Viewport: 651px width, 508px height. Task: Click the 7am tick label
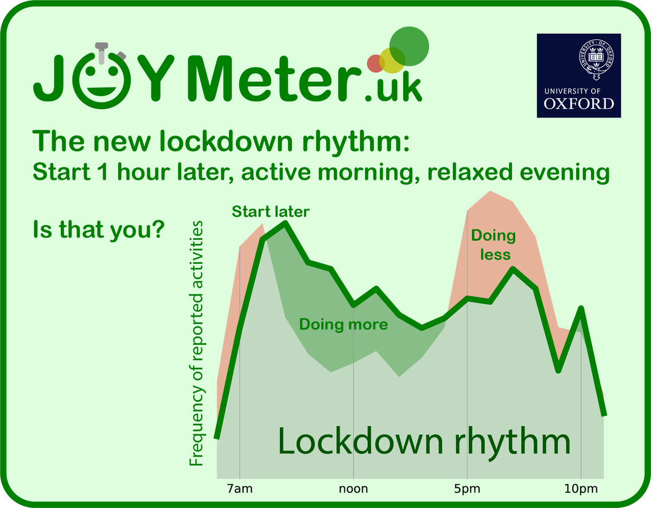[x=239, y=490]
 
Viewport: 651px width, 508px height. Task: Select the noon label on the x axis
[x=353, y=490]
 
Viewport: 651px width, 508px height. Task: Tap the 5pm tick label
[x=467, y=490]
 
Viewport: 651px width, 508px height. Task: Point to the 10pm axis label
[x=581, y=490]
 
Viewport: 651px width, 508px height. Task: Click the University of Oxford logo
[x=579, y=76]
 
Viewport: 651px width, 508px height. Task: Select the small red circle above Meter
[x=375, y=63]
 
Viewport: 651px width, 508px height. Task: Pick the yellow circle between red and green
[x=392, y=60]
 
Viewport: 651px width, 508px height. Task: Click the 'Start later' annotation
[x=270, y=211]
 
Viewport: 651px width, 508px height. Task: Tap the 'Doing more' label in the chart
[x=343, y=325]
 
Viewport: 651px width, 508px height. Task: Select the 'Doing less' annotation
[x=493, y=245]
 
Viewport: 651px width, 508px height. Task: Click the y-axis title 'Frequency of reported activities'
[x=196, y=343]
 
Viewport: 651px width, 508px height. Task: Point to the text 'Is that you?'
[x=99, y=230]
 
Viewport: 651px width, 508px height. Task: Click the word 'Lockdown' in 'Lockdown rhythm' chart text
[x=352, y=442]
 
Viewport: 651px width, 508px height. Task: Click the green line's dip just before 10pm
[x=558, y=370]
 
